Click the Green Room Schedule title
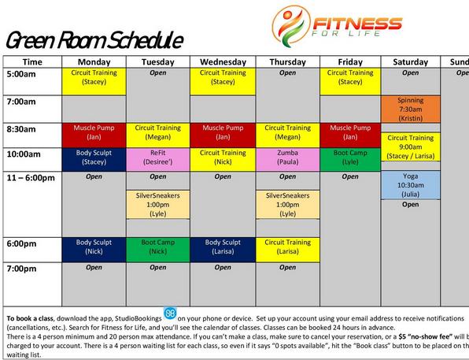[94, 41]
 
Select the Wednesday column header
[223, 61]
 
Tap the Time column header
[32, 61]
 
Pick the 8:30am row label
[22, 128]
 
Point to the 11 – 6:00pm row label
[31, 177]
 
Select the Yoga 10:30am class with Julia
[410, 185]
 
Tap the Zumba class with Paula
[287, 158]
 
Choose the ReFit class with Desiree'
[157, 158]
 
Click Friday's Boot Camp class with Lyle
[350, 158]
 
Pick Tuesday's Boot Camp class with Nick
[157, 247]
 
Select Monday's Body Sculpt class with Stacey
[94, 158]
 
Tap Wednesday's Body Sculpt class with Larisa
[223, 247]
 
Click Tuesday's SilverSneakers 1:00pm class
[157, 204]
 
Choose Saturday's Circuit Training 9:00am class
[410, 147]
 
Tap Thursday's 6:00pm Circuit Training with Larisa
[287, 247]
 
